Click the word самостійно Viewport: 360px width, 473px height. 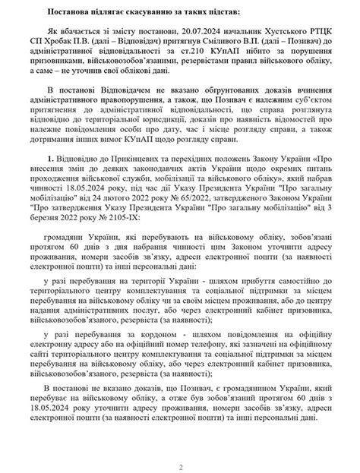293,304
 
